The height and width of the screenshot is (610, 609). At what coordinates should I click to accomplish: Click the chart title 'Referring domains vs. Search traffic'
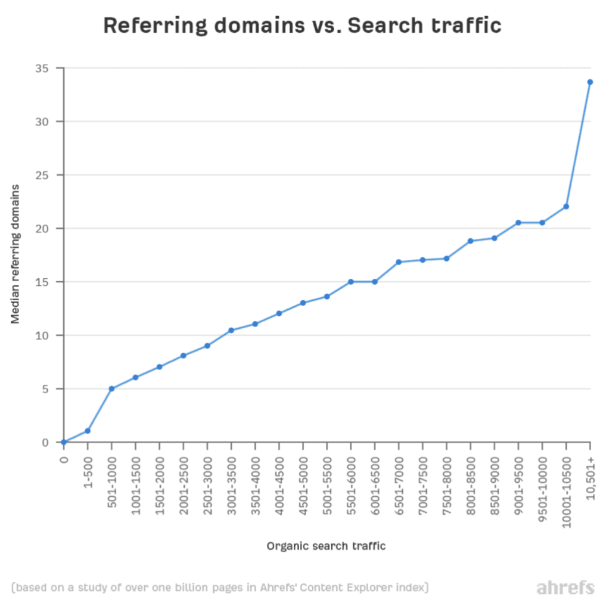(x=302, y=26)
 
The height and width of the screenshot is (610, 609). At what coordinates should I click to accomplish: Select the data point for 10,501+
(x=590, y=82)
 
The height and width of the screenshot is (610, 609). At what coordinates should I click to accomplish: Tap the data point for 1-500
(x=88, y=431)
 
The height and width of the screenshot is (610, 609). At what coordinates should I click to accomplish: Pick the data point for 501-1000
(x=111, y=388)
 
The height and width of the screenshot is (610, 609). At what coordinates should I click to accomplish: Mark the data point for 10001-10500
(x=566, y=207)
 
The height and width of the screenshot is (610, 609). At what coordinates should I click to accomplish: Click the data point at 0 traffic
(x=64, y=442)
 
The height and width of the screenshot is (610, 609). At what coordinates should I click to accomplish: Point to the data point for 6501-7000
(x=399, y=262)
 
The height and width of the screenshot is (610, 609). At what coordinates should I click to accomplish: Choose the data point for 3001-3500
(x=231, y=330)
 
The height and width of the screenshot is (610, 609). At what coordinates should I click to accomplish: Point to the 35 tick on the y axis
(x=42, y=69)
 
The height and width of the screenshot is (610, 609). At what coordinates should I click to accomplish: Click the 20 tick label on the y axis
(x=42, y=229)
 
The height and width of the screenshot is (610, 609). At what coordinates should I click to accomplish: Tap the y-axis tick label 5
(x=45, y=389)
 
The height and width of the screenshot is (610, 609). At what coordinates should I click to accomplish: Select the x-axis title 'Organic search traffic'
(x=326, y=546)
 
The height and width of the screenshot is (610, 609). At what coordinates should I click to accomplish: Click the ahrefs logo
(x=565, y=588)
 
